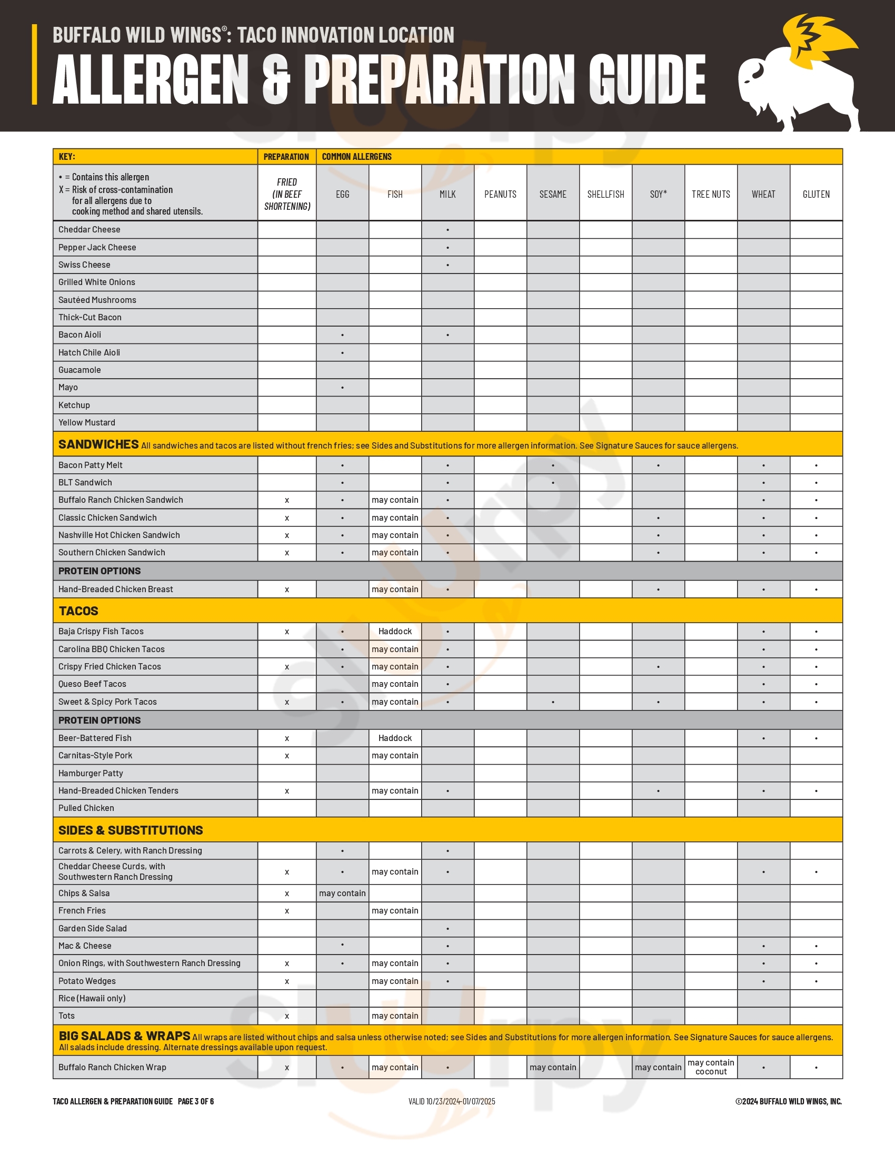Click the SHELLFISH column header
coord(605,195)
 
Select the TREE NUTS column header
coord(711,195)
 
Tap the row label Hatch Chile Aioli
coord(89,352)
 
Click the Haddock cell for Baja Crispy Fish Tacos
coord(395,632)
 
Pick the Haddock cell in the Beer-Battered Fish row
coord(395,738)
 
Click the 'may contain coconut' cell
coord(711,1067)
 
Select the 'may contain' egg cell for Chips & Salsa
coord(343,893)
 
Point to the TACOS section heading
coord(78,611)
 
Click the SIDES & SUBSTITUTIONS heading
coord(131,830)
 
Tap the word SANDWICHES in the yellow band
coord(98,444)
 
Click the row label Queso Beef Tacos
coord(92,684)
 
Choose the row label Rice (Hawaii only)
coord(92,998)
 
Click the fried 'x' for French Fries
coord(287,911)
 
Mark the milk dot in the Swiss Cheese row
coord(447,265)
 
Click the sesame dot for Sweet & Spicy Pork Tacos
coord(553,702)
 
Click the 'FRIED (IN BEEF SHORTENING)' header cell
coord(287,194)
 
